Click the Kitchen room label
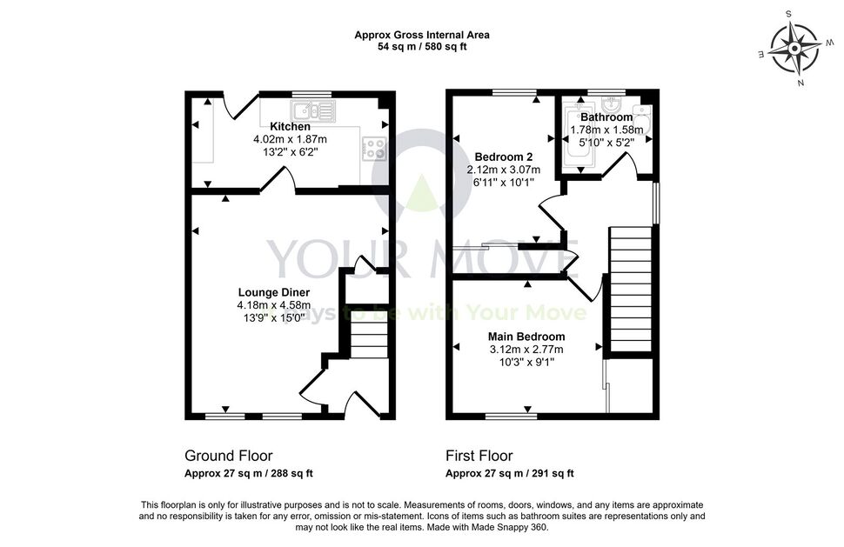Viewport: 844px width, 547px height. point(290,127)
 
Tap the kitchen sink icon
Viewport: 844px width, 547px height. point(312,110)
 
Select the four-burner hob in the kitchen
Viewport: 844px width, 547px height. point(375,149)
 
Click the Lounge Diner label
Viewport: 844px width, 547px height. point(274,292)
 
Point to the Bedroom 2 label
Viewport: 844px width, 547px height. point(503,157)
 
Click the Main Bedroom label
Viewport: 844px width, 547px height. point(526,337)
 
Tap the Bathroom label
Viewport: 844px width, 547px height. point(606,117)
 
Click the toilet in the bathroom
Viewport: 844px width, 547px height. point(643,119)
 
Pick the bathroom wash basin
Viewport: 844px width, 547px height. point(612,103)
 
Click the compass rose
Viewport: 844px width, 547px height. point(794,49)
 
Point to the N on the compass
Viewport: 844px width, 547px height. point(801,83)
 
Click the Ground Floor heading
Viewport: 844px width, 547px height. point(229,456)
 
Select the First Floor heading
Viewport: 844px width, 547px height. point(479,456)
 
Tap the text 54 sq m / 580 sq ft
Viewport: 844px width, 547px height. point(422,47)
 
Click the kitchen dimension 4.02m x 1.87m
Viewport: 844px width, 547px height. point(290,139)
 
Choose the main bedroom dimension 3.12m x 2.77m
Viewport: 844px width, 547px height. point(526,350)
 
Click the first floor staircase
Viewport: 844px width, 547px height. point(631,290)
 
